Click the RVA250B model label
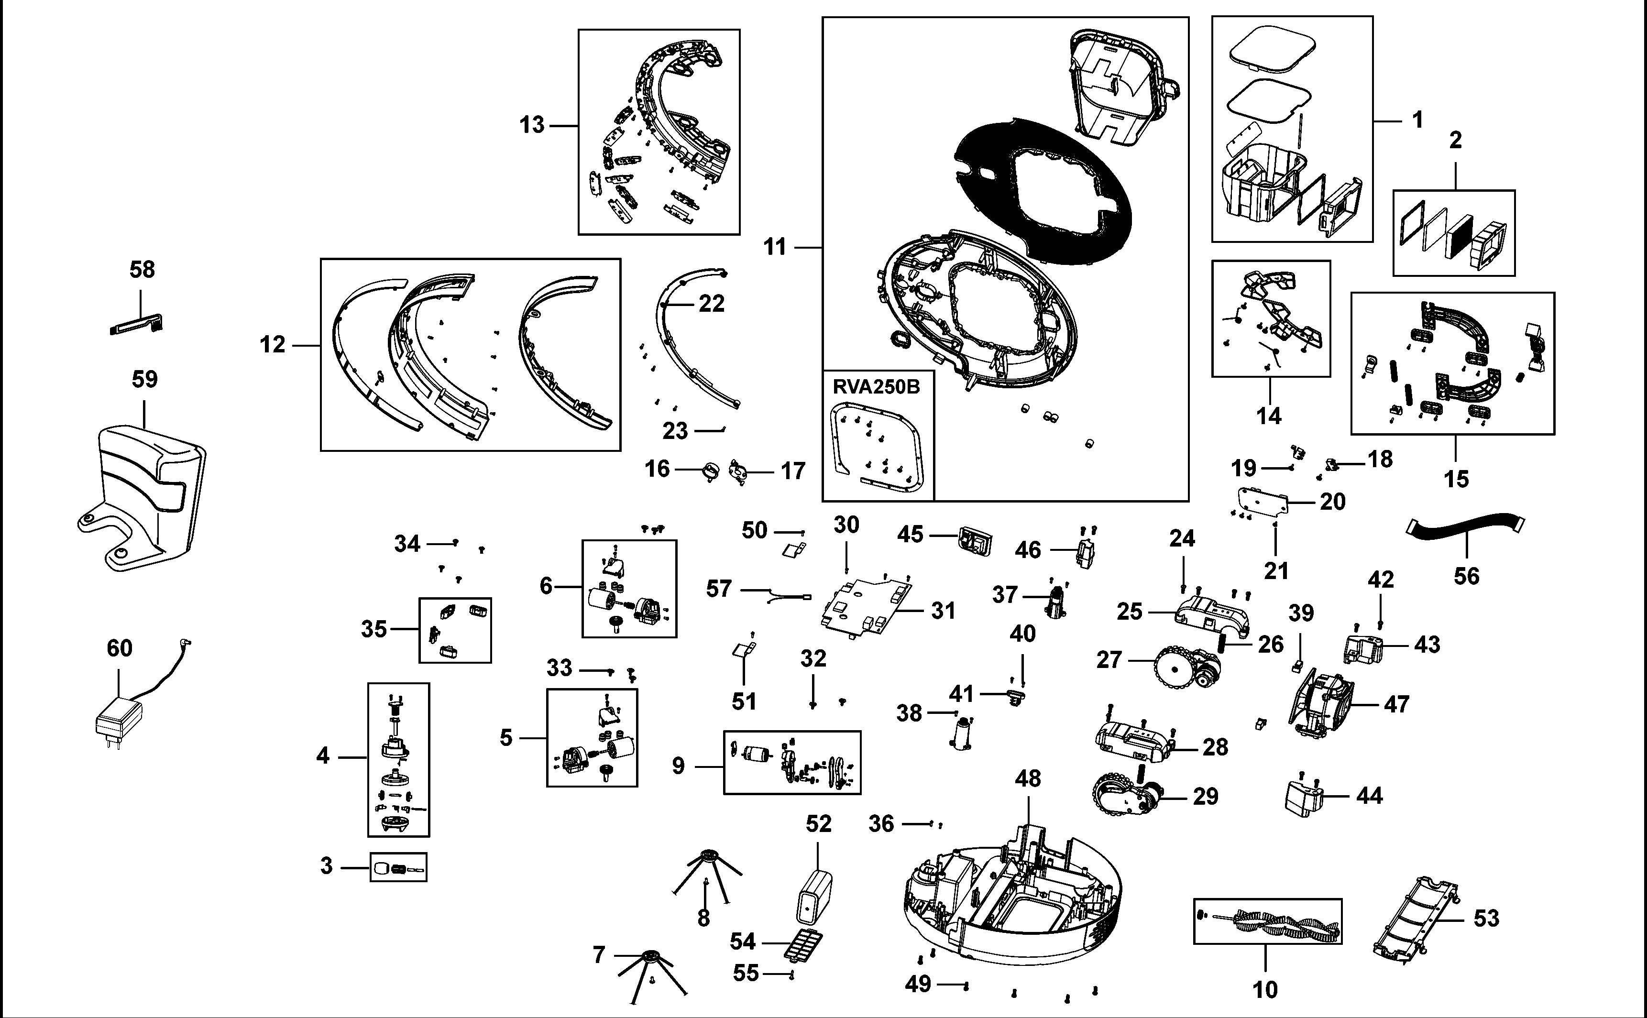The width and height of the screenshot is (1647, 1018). coord(876,387)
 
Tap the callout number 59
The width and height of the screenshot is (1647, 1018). coord(144,379)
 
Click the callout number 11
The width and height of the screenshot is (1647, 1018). coord(775,247)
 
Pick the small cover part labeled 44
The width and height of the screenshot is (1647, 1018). coord(1304,798)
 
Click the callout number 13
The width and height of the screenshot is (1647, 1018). coord(532,125)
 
